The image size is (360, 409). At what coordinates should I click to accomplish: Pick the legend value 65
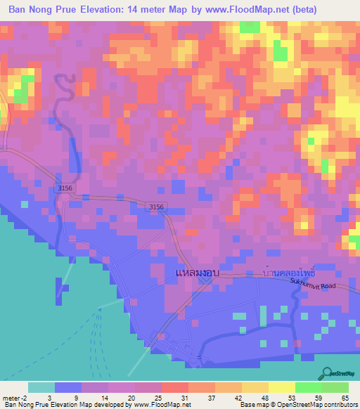(x=345, y=397)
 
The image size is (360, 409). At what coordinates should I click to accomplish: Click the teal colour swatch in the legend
(x=41, y=387)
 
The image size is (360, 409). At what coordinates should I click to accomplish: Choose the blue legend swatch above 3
(x=68, y=387)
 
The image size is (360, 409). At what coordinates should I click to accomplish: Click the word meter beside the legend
(x=14, y=397)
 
